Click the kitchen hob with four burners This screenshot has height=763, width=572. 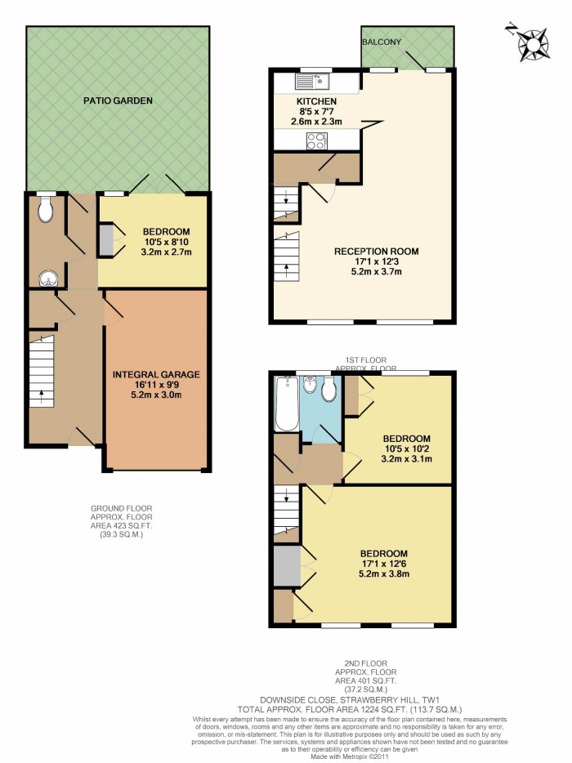click(317, 141)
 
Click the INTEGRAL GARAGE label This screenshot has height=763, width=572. click(155, 375)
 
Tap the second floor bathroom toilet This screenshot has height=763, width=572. click(329, 390)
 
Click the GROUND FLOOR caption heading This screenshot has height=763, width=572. click(121, 508)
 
